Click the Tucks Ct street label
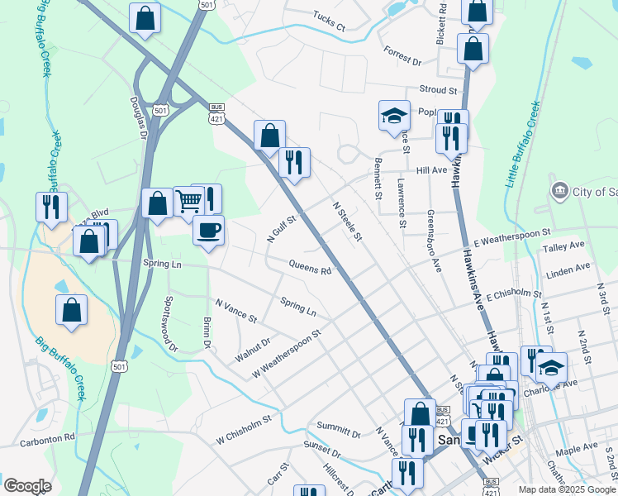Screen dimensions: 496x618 click(x=329, y=21)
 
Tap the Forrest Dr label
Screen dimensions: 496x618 click(x=402, y=55)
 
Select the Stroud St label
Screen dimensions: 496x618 click(x=438, y=89)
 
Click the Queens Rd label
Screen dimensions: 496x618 click(x=310, y=266)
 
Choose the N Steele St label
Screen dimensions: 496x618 click(x=347, y=222)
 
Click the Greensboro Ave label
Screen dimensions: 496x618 click(x=434, y=241)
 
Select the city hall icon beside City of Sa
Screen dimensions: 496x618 click(x=560, y=192)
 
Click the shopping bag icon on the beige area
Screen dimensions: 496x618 click(x=72, y=311)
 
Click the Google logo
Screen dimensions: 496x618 click(x=27, y=486)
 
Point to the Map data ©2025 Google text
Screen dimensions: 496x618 click(x=567, y=489)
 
